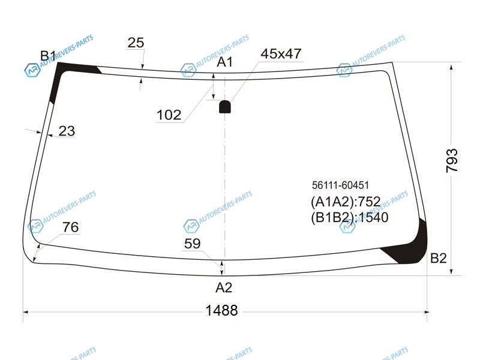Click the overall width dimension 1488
tap(221, 310)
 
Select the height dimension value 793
tap(452, 160)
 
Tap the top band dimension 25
tap(136, 43)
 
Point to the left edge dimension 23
tap(67, 131)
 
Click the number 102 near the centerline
tap(169, 115)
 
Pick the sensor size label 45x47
tap(281, 53)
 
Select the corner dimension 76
tap(70, 227)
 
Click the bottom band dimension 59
tap(192, 244)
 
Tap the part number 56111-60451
tap(340, 185)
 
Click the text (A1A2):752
tap(346, 202)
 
